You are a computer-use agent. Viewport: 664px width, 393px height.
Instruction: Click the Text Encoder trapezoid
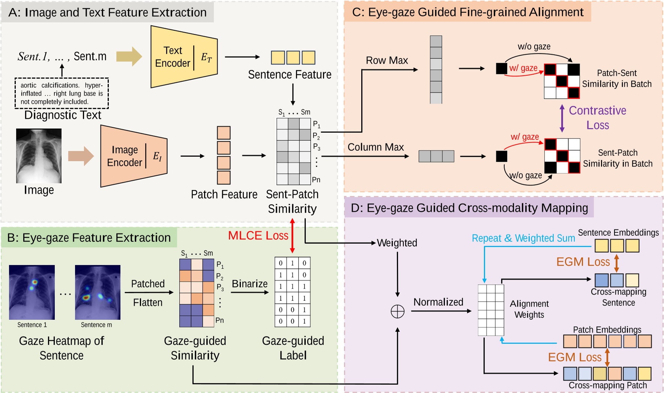click(x=183, y=57)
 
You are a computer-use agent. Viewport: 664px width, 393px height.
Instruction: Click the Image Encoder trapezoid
click(x=134, y=156)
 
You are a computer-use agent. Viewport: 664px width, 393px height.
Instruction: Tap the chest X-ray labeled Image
click(x=39, y=156)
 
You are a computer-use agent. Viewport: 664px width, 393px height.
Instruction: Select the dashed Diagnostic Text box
click(x=62, y=93)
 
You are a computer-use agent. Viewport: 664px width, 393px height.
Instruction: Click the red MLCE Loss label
click(x=258, y=235)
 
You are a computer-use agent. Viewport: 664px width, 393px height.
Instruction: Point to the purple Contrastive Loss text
click(x=597, y=117)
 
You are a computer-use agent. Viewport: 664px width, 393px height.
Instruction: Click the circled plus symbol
click(x=397, y=311)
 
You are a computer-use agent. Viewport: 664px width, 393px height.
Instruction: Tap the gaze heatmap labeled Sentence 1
click(x=32, y=292)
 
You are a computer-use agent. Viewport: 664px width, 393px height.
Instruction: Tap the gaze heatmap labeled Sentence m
click(x=98, y=292)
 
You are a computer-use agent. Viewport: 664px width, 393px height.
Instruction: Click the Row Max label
click(x=387, y=60)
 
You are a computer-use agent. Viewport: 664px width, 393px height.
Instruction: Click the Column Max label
click(x=376, y=147)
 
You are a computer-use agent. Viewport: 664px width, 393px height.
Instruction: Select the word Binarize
click(x=249, y=283)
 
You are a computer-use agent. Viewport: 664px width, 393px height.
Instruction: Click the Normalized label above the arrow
click(x=438, y=302)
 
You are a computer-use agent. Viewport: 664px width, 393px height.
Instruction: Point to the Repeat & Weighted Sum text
click(x=523, y=238)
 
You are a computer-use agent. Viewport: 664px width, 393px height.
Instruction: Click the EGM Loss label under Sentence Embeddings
click(x=583, y=262)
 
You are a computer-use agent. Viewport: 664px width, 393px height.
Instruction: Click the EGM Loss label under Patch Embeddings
click(x=575, y=357)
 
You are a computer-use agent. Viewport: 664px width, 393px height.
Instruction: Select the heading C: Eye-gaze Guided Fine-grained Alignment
click(x=467, y=12)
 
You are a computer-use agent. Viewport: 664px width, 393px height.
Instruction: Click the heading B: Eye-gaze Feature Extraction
click(x=89, y=237)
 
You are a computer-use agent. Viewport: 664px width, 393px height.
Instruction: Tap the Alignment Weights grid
click(x=491, y=310)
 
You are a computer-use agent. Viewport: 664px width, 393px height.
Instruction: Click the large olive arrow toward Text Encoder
click(x=129, y=57)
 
